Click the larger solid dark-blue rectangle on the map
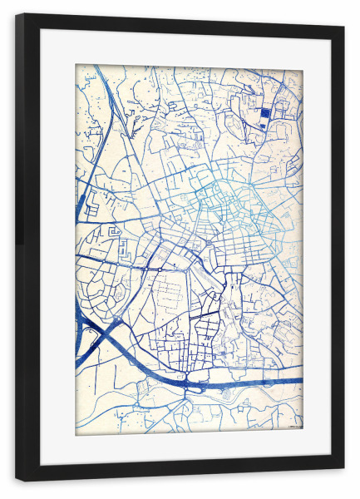click(x=265, y=113)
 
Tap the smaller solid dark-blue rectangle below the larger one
click(x=265, y=126)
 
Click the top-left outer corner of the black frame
click(x=17, y=14)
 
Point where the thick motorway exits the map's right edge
click(x=301, y=382)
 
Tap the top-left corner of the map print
click(x=76, y=66)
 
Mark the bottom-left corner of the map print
click(x=76, y=434)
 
